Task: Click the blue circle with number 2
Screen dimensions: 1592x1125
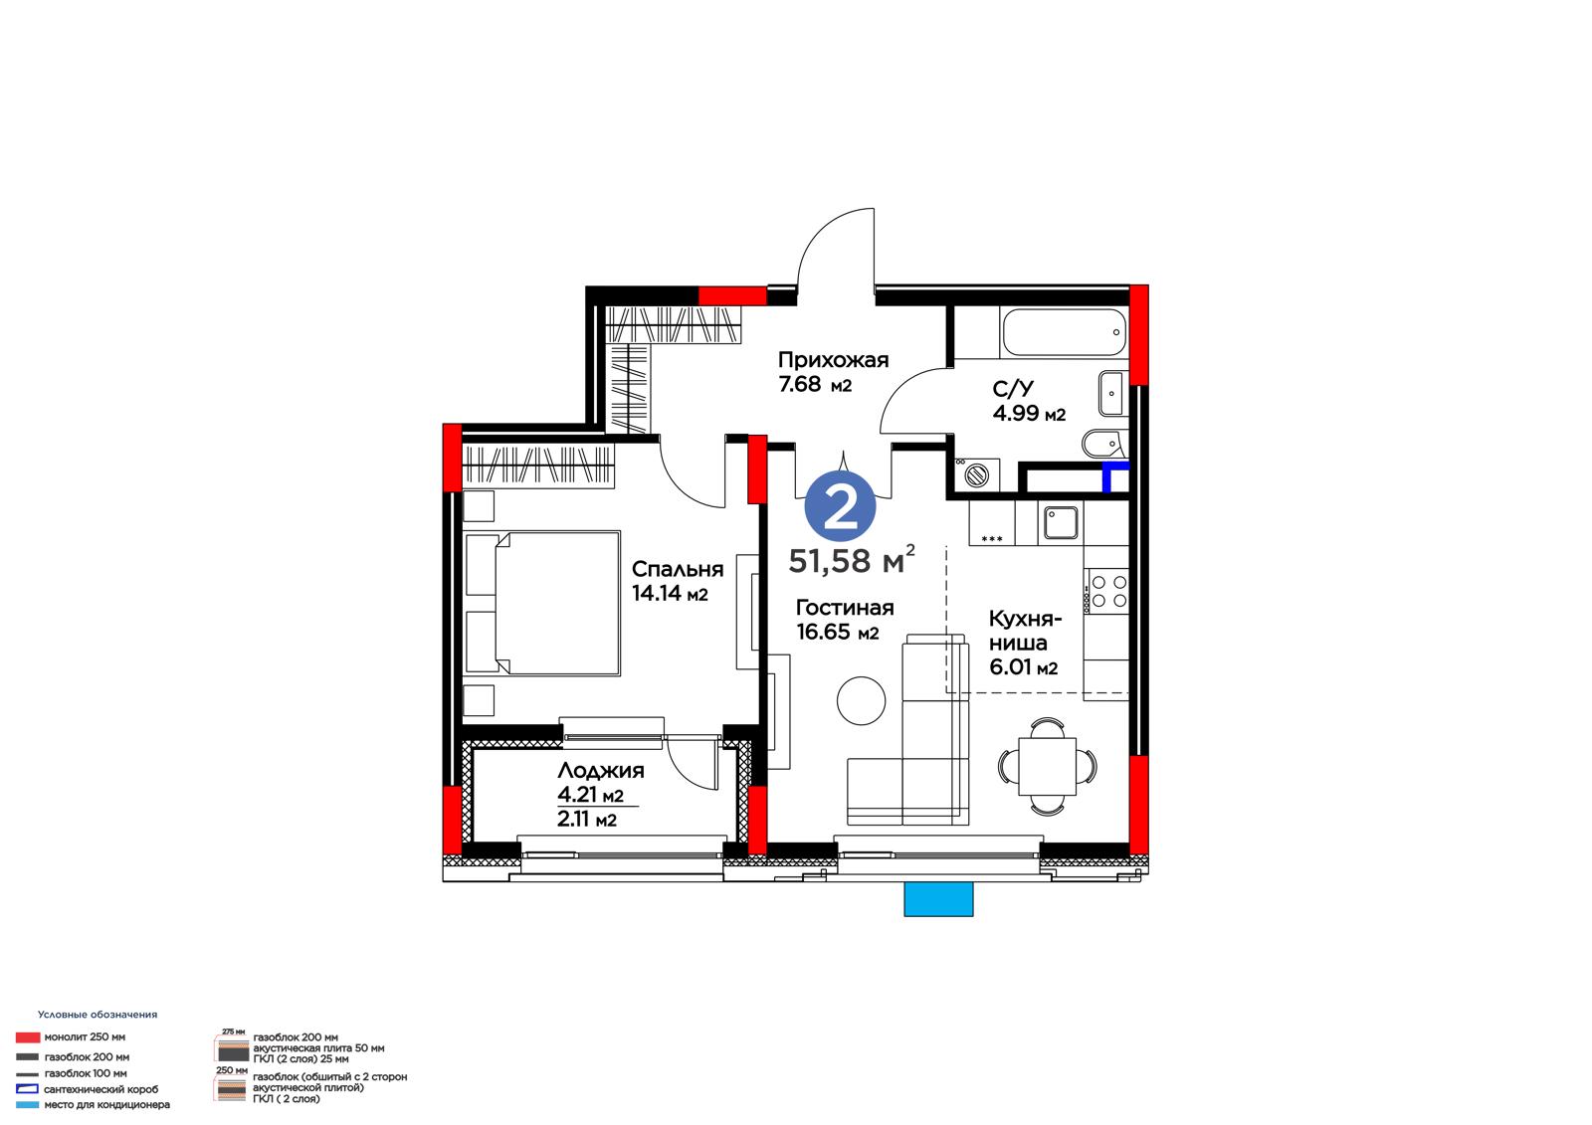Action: click(840, 507)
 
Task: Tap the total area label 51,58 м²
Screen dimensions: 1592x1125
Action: click(852, 560)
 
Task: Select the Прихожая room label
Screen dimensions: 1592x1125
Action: click(833, 360)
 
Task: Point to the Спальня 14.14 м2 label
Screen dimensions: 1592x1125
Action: click(678, 581)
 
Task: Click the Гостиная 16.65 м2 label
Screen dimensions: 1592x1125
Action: click(845, 619)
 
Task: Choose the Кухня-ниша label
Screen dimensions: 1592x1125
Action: click(1025, 631)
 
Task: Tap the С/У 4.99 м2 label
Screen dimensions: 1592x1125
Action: click(1029, 400)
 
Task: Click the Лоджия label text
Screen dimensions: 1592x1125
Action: click(601, 770)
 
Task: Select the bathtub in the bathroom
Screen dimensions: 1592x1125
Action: click(1064, 332)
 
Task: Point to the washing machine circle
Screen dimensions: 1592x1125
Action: click(976, 474)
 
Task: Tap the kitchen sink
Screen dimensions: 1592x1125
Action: click(1061, 522)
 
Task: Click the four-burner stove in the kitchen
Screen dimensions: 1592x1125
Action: click(1105, 591)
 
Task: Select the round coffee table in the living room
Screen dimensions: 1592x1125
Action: click(861, 700)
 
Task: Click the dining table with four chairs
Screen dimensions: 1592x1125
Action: click(1047, 766)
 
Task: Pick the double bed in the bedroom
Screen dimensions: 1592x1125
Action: click(543, 603)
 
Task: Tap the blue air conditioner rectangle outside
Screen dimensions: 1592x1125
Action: click(938, 899)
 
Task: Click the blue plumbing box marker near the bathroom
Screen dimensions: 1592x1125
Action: click(1113, 475)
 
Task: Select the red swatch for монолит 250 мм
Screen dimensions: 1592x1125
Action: click(28, 1037)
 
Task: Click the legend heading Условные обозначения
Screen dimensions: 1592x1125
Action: click(98, 1015)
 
